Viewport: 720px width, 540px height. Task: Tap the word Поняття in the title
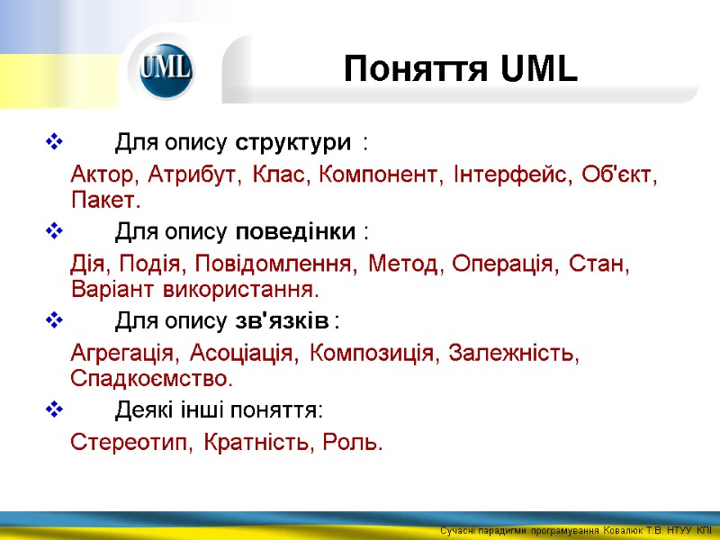tap(414, 69)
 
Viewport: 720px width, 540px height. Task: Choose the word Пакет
tap(106, 198)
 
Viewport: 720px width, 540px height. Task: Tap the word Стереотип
tap(133, 443)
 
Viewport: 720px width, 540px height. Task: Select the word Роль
tap(357, 443)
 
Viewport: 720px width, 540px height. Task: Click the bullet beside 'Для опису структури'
tap(50, 142)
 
